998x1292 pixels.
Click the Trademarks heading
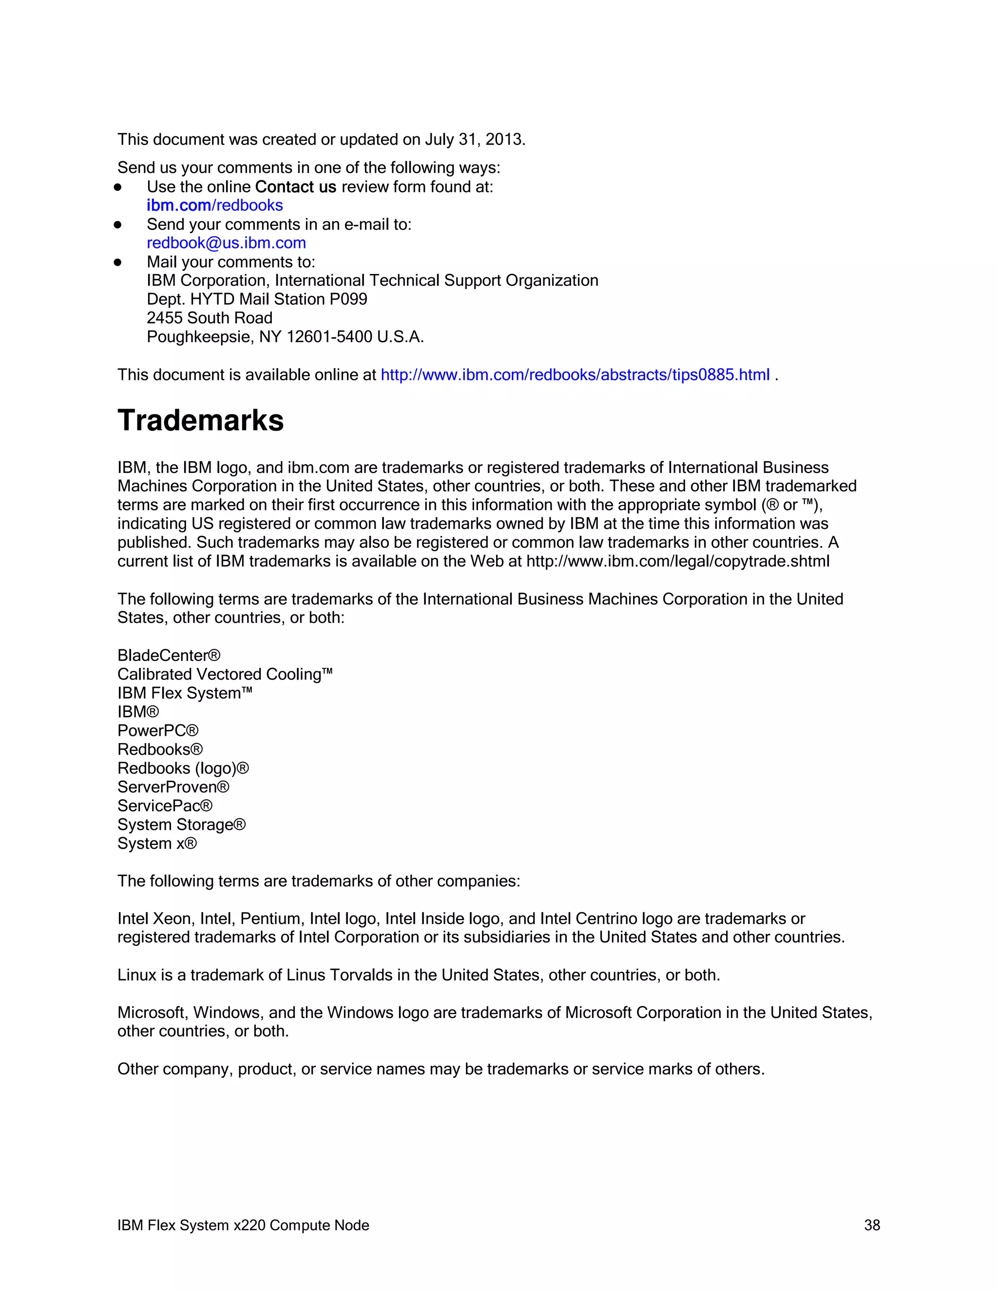(x=200, y=421)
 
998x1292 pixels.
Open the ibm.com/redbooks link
(x=214, y=205)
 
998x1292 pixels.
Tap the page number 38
(x=871, y=1225)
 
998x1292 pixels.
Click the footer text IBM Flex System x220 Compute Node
(x=243, y=1225)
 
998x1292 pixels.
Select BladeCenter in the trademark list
(x=169, y=655)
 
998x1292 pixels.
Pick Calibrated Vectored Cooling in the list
(x=225, y=674)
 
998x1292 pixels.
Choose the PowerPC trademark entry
(x=158, y=731)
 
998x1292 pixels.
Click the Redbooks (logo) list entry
(x=183, y=768)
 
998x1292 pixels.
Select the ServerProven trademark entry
(x=173, y=787)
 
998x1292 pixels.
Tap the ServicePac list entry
(x=164, y=806)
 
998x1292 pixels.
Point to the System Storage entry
(x=181, y=824)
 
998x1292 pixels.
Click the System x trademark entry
(x=157, y=843)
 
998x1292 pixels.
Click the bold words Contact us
(x=296, y=187)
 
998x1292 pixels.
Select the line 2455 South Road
(x=209, y=318)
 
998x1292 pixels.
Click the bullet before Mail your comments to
(x=117, y=262)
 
